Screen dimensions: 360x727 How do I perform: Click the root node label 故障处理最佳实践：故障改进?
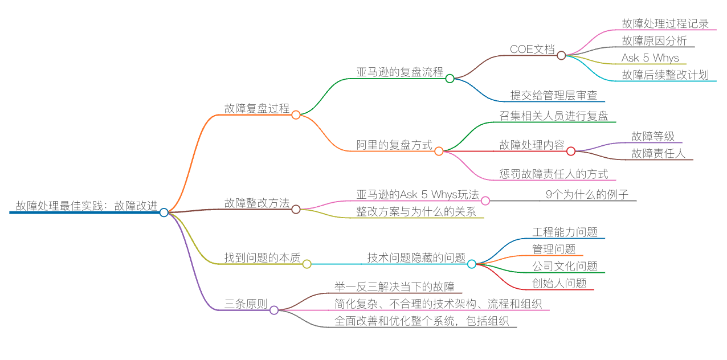point(87,206)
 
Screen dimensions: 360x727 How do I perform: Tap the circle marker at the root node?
point(164,212)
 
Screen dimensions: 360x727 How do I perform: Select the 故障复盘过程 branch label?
point(256,108)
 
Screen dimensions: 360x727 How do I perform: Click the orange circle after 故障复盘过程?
point(296,114)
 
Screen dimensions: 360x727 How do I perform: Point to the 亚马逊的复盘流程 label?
point(399,72)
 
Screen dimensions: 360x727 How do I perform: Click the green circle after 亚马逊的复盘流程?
point(450,79)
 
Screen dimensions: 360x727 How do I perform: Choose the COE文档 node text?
point(532,49)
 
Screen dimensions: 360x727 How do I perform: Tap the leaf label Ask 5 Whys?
point(650,58)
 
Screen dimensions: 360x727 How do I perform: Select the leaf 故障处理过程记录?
point(665,23)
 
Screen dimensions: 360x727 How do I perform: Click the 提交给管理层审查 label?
point(553,95)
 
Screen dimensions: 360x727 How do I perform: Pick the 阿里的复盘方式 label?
point(394,145)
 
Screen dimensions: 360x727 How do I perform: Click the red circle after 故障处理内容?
point(571,151)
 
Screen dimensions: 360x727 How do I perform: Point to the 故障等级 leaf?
point(653,136)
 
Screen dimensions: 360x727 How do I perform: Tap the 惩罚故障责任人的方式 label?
point(553,174)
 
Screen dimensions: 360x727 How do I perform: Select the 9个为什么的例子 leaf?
point(587,194)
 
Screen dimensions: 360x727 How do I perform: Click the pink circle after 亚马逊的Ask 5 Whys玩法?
point(485,201)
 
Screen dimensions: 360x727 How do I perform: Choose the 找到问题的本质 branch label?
point(262,257)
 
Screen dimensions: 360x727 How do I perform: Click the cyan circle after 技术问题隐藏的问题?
point(471,264)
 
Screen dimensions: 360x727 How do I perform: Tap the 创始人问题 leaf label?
point(559,283)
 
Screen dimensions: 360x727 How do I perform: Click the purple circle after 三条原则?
point(274,310)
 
